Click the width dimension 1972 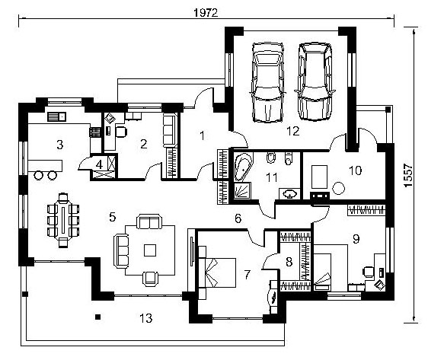click(206, 12)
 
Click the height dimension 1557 click(408, 175)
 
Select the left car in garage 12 click(268, 82)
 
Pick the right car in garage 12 click(315, 81)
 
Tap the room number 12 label click(293, 131)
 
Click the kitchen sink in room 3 click(57, 116)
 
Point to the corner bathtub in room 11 click(244, 167)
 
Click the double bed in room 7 click(217, 272)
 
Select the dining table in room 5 click(63, 220)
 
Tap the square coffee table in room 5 click(150, 250)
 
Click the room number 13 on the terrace click(146, 318)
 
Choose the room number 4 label click(99, 165)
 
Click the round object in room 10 click(338, 188)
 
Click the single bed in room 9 click(322, 272)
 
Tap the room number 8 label click(289, 262)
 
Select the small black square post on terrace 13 click(97, 317)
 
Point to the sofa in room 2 click(170, 131)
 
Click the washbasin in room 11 click(289, 194)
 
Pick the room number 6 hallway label click(238, 218)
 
